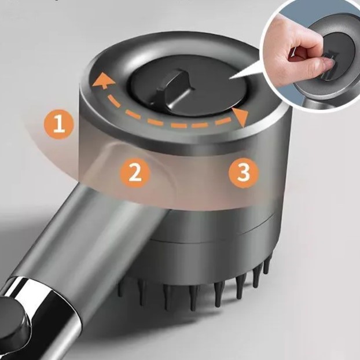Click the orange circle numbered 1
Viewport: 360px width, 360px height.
click(x=59, y=124)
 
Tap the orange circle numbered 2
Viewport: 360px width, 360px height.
click(x=135, y=172)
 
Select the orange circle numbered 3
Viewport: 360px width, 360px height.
click(x=244, y=172)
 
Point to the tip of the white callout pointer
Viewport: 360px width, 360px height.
click(x=229, y=79)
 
